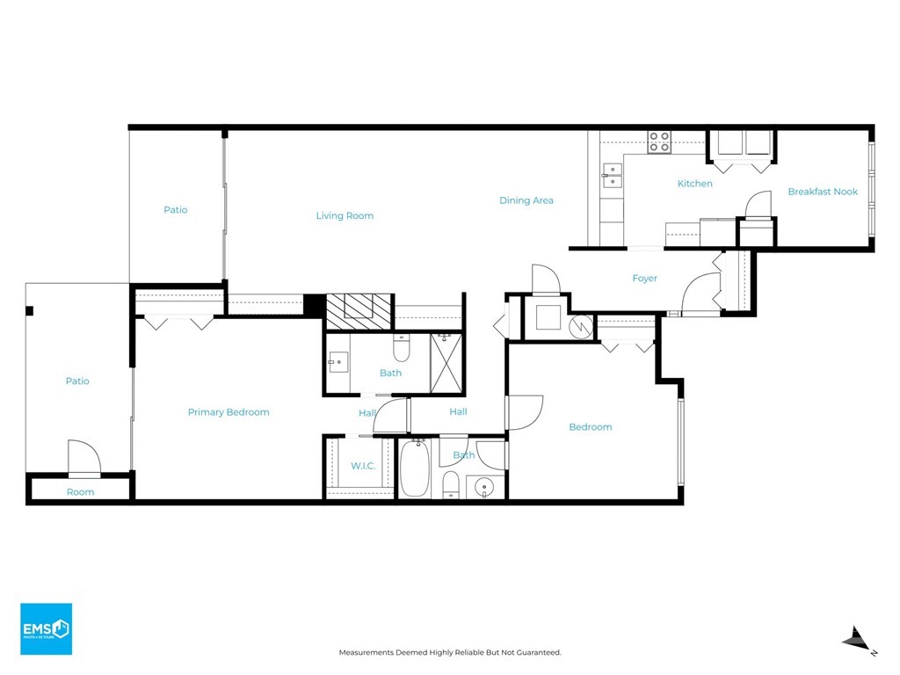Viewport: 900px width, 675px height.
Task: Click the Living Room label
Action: (345, 216)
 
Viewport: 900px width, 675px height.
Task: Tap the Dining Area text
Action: (526, 200)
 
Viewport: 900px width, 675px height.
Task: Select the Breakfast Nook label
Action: (823, 192)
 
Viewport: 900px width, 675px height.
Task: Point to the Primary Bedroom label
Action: (229, 412)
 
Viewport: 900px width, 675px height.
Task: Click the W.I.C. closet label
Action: (363, 466)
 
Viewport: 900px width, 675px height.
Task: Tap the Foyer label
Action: (644, 279)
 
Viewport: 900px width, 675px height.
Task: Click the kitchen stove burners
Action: (659, 142)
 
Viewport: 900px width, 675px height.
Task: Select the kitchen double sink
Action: (612, 176)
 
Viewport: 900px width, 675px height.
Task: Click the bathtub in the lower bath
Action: (415, 468)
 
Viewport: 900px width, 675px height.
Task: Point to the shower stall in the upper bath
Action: (446, 364)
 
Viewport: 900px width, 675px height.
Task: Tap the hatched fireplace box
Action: (359, 312)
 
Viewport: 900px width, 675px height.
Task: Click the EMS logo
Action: (47, 628)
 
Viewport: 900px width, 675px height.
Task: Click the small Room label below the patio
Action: (80, 492)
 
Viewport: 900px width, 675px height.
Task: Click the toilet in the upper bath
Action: (401, 348)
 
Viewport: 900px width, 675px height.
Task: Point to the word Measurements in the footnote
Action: (367, 653)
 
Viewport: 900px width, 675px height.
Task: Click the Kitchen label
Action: (694, 184)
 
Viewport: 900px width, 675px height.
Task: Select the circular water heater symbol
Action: (581, 327)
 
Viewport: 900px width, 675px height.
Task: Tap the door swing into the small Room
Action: (84, 456)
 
